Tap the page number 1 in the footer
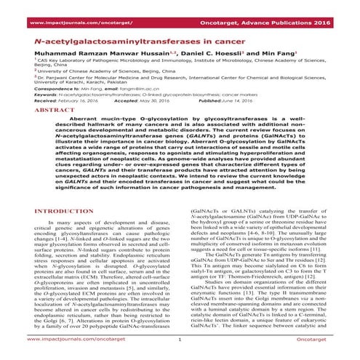click(180, 338)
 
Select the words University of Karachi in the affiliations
click(58, 119)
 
